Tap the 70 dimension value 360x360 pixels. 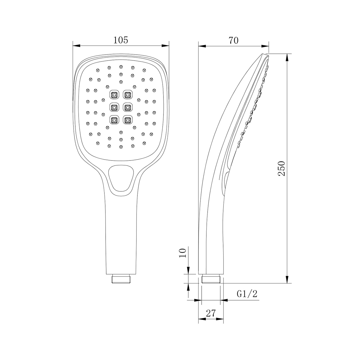coord(233,40)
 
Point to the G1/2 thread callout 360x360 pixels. coord(247,294)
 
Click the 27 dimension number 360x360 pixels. coord(211,313)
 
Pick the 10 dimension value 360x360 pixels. coord(182,253)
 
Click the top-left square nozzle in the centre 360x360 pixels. coord(114,95)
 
